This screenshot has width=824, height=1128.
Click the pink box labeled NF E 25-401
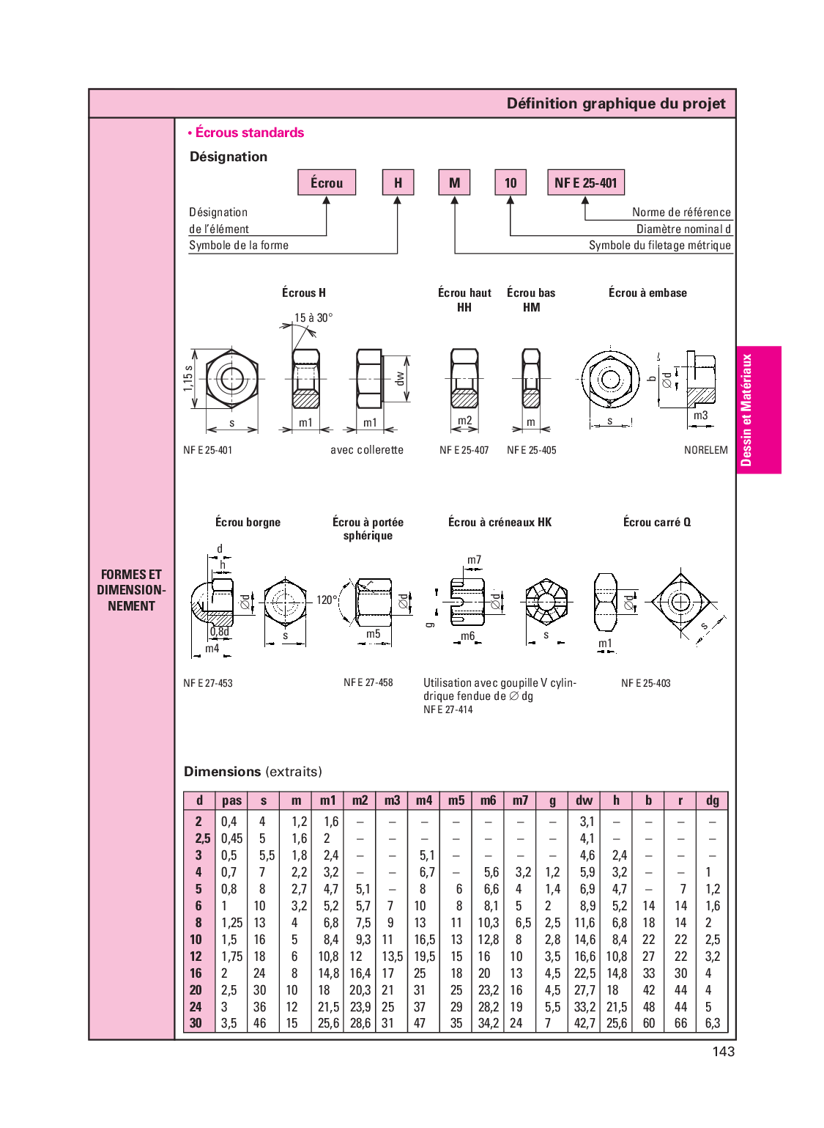click(x=585, y=183)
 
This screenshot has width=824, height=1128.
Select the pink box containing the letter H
click(x=398, y=183)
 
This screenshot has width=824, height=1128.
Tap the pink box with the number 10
click(x=511, y=183)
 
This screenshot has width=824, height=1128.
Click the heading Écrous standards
click(x=249, y=133)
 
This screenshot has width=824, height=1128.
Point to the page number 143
click(x=723, y=1051)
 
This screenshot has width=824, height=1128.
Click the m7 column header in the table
click(x=520, y=800)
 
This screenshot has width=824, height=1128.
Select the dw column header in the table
click(x=584, y=800)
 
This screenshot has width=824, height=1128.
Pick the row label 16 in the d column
click(x=196, y=973)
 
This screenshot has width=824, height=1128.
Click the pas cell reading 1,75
click(x=231, y=956)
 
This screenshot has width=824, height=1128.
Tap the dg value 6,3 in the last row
click(x=712, y=1023)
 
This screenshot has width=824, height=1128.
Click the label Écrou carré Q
click(x=656, y=522)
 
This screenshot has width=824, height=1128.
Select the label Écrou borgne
click(x=248, y=522)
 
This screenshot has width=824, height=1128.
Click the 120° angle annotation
click(x=327, y=600)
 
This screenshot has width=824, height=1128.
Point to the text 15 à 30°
click(x=313, y=317)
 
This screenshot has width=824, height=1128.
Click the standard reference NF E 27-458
click(x=368, y=682)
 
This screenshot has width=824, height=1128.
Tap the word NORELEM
click(x=705, y=450)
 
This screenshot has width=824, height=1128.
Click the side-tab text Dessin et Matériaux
click(x=746, y=410)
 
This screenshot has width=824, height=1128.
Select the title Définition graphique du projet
click(x=615, y=103)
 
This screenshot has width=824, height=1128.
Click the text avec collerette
click(x=366, y=450)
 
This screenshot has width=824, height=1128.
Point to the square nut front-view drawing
click(x=680, y=602)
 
